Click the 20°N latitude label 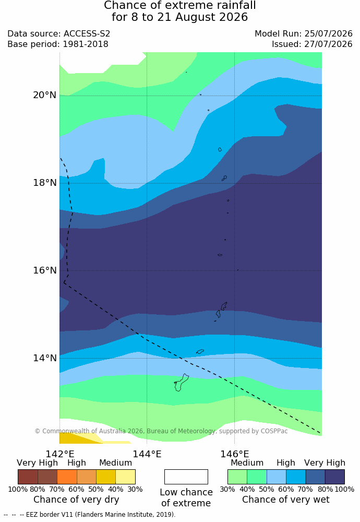[44, 95]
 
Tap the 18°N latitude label [44, 183]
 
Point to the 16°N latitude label [44, 270]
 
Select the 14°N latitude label [44, 358]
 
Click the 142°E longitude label [60, 454]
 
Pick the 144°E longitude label [147, 454]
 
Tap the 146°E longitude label [235, 454]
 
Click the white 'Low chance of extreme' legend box [186, 477]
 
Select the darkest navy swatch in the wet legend [335, 477]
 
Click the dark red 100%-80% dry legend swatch [28, 477]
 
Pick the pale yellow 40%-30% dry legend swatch [125, 477]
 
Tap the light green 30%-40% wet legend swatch [237, 477]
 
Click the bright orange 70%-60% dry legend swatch [67, 477]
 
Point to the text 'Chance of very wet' [286, 500]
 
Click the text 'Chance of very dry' [76, 500]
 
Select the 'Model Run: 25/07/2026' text [304, 33]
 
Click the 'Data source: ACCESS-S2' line [58, 33]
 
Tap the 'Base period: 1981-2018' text [58, 44]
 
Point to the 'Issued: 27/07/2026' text [312, 44]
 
